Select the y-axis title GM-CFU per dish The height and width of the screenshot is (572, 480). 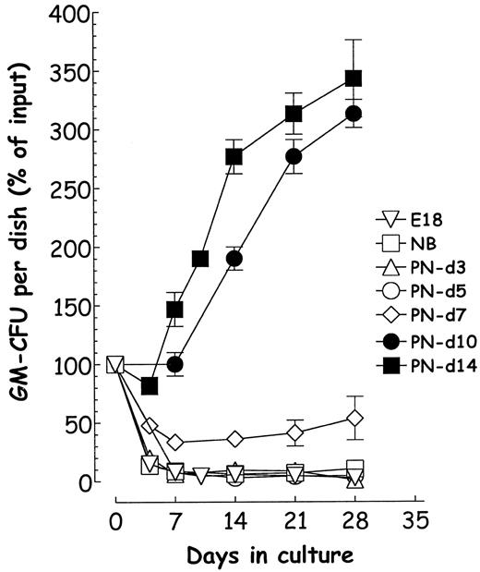click(x=19, y=249)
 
